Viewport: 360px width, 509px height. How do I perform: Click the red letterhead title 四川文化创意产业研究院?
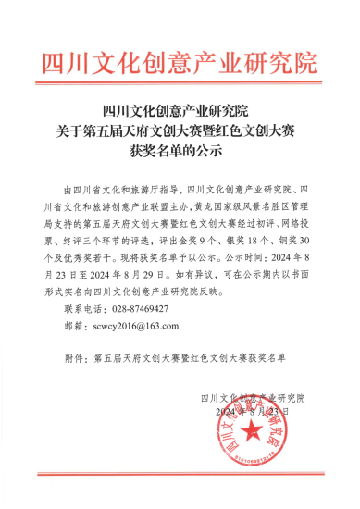180,63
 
